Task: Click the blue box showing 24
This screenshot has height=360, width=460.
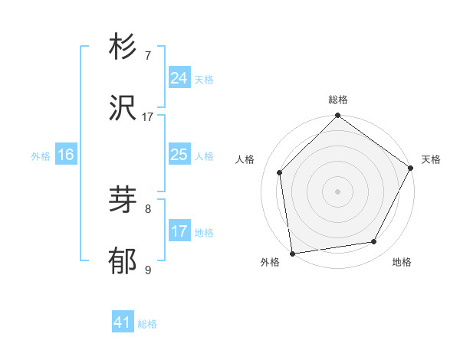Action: point(179,78)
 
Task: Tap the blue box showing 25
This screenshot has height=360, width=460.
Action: point(179,155)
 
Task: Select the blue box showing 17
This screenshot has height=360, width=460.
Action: point(179,231)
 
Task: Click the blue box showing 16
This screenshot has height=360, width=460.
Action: point(66,155)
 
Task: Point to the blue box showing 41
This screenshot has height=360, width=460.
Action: point(123,322)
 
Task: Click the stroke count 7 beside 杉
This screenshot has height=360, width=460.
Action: point(148,56)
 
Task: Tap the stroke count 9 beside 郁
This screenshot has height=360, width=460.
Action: point(148,270)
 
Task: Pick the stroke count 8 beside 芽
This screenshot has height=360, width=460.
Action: point(148,208)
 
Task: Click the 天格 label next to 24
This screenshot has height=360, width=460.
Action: point(204,80)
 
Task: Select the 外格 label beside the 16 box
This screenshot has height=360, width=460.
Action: point(41,156)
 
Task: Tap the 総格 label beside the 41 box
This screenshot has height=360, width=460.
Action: point(147,324)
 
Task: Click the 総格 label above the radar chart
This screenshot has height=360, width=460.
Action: point(338,100)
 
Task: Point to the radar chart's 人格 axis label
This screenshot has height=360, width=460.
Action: point(245,159)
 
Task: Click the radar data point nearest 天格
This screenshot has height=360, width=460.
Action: point(412,169)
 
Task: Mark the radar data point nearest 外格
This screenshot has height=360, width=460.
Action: point(292,253)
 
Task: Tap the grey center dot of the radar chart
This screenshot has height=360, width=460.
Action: point(337,191)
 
